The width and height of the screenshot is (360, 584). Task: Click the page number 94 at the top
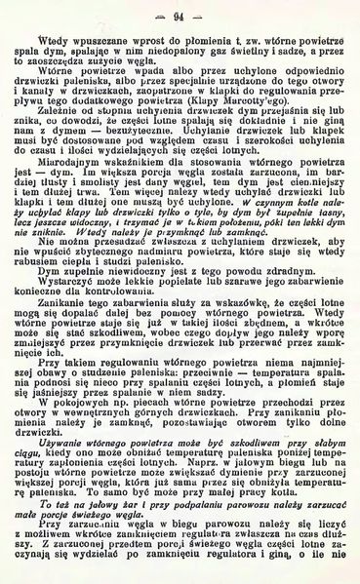point(180,15)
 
